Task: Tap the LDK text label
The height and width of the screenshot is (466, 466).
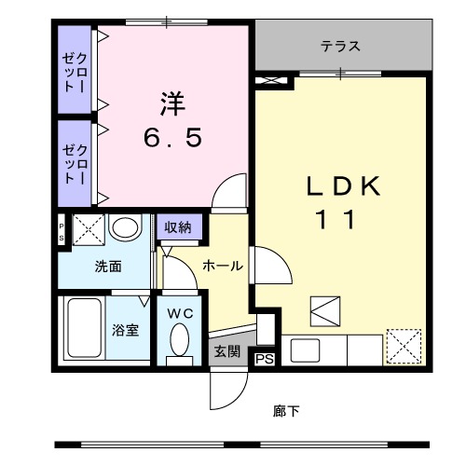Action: (344, 186)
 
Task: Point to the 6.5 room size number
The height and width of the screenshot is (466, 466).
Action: (172, 139)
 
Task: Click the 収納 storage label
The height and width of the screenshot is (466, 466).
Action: (178, 226)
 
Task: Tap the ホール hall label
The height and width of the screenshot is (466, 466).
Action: (223, 266)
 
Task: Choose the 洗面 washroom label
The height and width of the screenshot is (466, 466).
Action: (107, 267)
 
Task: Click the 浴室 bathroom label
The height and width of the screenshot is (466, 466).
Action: (127, 329)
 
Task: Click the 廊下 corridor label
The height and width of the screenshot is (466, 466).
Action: (287, 410)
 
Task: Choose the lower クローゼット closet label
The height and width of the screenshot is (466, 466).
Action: (74, 162)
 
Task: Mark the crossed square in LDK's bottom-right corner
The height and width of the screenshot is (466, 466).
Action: (403, 347)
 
